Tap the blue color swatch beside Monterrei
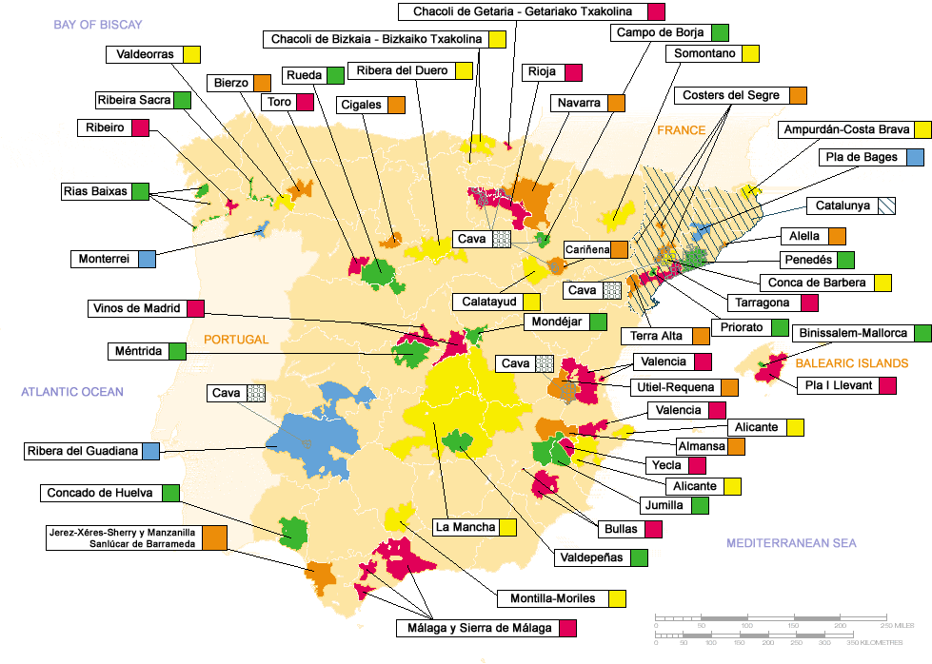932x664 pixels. [147, 258]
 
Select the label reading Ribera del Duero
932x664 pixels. [401, 70]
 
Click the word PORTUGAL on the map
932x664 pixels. [236, 339]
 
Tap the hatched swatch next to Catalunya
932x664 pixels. [886, 205]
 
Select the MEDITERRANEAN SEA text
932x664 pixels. [791, 543]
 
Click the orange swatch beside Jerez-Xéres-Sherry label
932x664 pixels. [214, 538]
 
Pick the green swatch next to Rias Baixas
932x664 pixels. [141, 191]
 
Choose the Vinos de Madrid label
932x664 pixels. [137, 308]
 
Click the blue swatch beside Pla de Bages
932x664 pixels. [915, 157]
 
